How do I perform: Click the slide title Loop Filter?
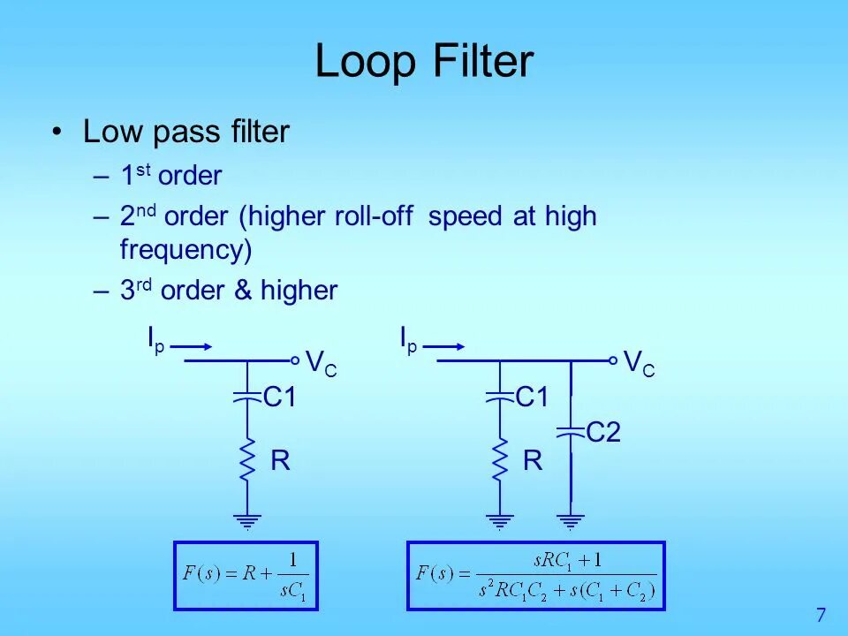pos(424,63)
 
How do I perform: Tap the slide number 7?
pos(821,615)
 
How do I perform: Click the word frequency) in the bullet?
pos(185,250)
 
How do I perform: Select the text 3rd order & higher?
pos(229,291)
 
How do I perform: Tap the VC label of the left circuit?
pos(321,363)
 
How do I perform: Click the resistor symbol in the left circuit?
pos(247,459)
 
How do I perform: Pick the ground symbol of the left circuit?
pos(247,521)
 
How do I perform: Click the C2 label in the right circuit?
pos(604,432)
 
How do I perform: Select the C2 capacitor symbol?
pos(571,432)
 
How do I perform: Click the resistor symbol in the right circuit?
pos(500,459)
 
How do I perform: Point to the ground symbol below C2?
pos(571,521)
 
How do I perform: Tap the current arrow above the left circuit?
pos(191,346)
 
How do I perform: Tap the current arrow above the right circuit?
pos(444,346)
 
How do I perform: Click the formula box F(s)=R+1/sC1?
pos(246,575)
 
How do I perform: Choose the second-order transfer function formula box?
pos(535,575)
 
